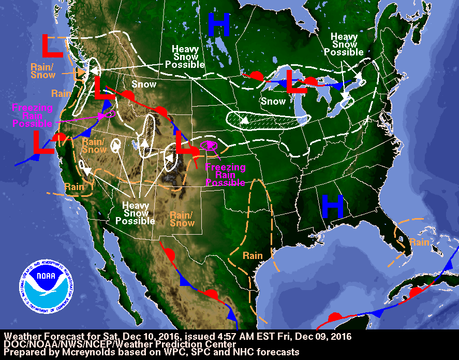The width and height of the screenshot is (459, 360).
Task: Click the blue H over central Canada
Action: click(218, 25)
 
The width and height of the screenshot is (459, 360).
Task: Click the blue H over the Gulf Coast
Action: click(333, 206)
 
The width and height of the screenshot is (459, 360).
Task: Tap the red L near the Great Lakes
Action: click(296, 83)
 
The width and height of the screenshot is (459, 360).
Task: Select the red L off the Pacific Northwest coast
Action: click(52, 46)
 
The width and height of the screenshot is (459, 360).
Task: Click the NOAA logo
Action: click(46, 283)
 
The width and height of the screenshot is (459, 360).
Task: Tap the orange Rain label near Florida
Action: click(419, 242)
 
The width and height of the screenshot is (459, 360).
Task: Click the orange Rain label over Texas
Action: click(253, 255)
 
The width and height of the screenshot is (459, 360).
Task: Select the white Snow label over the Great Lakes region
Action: click(273, 102)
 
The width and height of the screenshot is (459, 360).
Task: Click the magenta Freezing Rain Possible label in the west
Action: click(33, 116)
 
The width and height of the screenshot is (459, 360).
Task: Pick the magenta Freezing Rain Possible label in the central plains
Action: click(225, 175)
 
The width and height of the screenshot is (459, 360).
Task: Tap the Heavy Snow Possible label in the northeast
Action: click(344, 45)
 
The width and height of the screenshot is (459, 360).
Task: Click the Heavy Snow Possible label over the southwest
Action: click(135, 213)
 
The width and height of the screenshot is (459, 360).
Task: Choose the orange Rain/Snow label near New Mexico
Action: click(182, 219)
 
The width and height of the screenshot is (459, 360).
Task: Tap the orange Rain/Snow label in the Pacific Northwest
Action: click(42, 71)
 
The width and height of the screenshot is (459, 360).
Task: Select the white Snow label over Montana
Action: click(144, 84)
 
